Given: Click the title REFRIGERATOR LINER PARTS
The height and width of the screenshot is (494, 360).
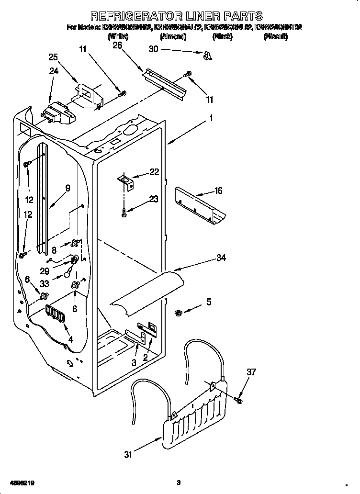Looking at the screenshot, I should coord(177,16).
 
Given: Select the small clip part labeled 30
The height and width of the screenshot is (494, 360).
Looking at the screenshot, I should coord(207,56).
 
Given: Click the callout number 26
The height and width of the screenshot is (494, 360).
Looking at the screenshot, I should coord(117,45).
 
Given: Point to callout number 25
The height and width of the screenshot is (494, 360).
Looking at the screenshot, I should coord(54,57).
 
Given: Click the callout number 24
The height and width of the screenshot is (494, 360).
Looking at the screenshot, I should coord(54,71).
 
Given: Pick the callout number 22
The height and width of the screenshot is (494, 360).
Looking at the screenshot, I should coord(154,172).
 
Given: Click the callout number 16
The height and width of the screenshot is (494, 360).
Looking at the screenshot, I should coord(218,191).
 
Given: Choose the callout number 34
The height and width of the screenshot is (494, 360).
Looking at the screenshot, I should coord(221,258).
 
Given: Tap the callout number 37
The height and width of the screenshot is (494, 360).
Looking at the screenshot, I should coord(251,372).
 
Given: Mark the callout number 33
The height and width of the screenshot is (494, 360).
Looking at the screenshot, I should coord(44,283).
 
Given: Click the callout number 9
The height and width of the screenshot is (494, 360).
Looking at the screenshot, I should coord(67,188).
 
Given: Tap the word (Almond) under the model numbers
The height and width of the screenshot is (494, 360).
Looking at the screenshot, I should coord(173,36).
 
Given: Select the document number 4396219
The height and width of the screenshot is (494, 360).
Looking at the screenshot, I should coord(22,483).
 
